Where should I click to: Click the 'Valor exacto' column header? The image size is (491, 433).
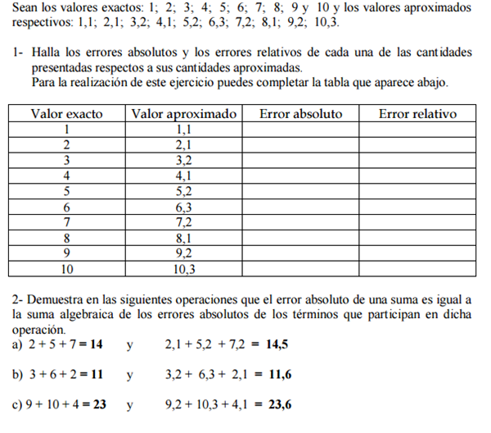pos(66,114)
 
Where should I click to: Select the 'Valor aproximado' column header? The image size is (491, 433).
pos(184,114)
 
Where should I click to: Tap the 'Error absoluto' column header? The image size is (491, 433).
pos(300,114)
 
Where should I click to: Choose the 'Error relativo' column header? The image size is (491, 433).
pos(417,114)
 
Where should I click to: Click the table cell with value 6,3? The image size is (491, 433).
pos(184,207)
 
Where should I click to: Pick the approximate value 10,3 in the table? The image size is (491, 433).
pos(184,268)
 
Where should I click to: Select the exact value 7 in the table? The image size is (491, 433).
pos(66,222)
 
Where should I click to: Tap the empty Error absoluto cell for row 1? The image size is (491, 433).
pos(300,130)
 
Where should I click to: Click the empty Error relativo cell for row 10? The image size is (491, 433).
pos(417,268)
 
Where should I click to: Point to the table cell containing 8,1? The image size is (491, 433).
pos(184,238)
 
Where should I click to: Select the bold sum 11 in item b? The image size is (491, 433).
pos(96,375)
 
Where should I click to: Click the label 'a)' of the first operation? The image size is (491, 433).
pos(18,345)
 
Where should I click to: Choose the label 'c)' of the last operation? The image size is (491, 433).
pos(18,404)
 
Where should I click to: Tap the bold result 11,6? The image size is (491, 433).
pos(280,375)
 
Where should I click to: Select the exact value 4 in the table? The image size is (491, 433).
pos(66,175)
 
